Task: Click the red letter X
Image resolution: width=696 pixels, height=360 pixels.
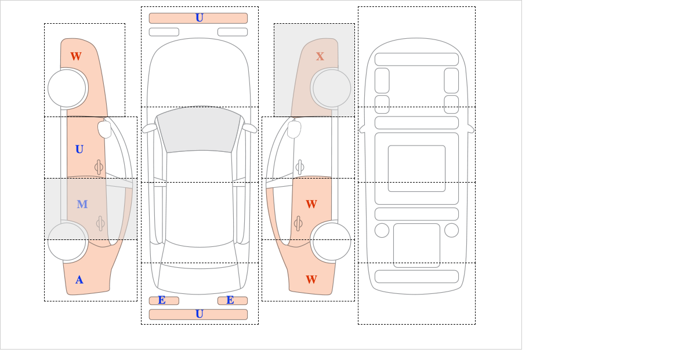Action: pyautogui.click(x=320, y=56)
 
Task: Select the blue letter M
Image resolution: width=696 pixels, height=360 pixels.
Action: pyautogui.click(x=82, y=204)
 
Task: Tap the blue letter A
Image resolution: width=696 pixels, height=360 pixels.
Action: pyautogui.click(x=79, y=280)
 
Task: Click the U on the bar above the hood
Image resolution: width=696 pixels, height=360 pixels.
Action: pyautogui.click(x=200, y=18)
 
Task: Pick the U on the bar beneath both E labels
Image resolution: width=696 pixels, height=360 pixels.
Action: pyautogui.click(x=200, y=314)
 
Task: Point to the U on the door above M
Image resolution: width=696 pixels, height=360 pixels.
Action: pyautogui.click(x=79, y=150)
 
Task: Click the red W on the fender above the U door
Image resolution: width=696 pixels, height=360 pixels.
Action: pyautogui.click(x=76, y=56)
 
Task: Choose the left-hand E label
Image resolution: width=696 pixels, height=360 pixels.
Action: pyautogui.click(x=162, y=300)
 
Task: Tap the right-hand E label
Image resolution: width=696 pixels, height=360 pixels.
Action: pyautogui.click(x=230, y=300)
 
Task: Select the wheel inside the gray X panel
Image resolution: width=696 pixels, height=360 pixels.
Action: pyautogui.click(x=332, y=88)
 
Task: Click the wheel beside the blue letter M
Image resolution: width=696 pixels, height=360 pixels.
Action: pyautogui.click(x=67, y=241)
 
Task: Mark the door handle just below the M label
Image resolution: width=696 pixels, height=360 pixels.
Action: pyautogui.click(x=100, y=223)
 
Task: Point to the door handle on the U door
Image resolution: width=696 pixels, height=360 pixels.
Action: pyautogui.click(x=99, y=168)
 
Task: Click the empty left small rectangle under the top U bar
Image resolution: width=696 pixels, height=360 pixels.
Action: pyautogui.click(x=164, y=32)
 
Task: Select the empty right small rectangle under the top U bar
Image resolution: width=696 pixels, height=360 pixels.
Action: pyautogui.click(x=233, y=32)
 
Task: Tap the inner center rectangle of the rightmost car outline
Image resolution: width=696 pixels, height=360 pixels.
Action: pyautogui.click(x=416, y=168)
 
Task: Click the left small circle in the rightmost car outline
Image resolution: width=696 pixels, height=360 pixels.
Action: pyautogui.click(x=382, y=231)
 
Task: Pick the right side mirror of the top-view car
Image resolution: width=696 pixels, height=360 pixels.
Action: pyautogui.click(x=249, y=128)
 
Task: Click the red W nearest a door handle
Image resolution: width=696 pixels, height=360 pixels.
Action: pyautogui.click(x=311, y=204)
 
